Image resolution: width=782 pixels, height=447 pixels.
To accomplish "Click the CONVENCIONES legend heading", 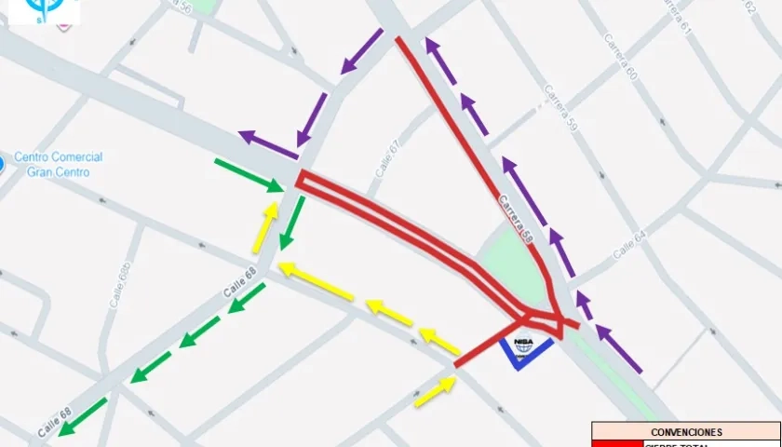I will pos(686,432).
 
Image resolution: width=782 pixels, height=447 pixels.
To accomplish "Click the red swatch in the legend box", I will pos(615,443).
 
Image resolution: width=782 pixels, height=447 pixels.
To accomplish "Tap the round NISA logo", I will pos(523,345).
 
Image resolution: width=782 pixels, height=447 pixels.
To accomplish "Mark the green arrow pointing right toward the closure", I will pos(249,176).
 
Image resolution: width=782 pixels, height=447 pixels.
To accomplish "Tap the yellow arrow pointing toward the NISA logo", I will pos(435,391).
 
